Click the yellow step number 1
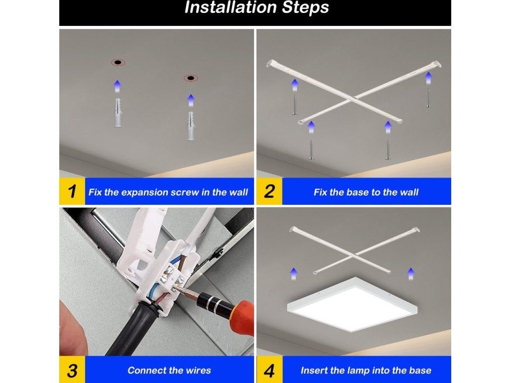tap(72, 191)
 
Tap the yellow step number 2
tap(269, 191)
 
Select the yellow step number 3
tap(72, 371)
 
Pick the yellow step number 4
tap(269, 371)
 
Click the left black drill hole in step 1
tap(118, 62)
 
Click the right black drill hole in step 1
tap(191, 78)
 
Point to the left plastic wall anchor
tap(118, 113)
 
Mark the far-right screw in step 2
tap(428, 98)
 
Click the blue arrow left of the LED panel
tap(294, 274)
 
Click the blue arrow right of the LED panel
tap(411, 274)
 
